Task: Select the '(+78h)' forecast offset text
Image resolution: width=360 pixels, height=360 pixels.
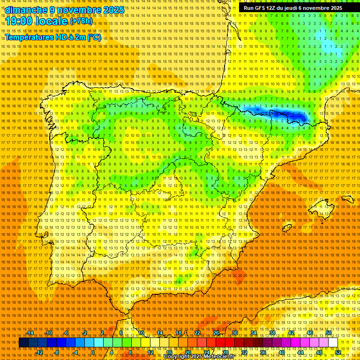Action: coord(81,22)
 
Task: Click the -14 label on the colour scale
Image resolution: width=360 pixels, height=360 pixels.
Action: coord(30,333)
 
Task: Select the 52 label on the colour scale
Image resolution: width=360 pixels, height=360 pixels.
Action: coord(338,352)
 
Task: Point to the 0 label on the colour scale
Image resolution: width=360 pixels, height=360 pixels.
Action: coord(93,352)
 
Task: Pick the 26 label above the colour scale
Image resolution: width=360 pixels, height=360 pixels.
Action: coord(216,333)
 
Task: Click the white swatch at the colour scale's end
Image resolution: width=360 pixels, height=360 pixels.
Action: coord(333,343)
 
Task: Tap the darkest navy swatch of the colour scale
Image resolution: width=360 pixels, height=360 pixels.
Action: coord(23,343)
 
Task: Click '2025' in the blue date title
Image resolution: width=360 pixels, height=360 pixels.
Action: coord(113,9)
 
